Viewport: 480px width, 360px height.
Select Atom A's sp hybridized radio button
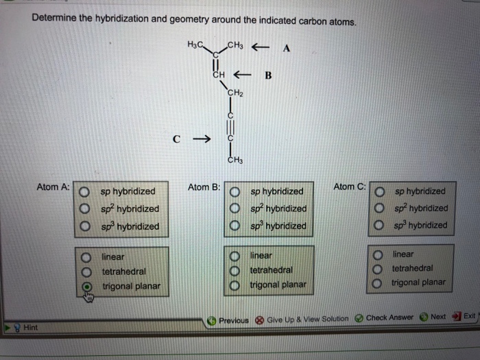click(84, 192)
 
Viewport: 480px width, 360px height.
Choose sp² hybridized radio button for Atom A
click(84, 208)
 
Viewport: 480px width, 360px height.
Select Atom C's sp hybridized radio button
click(379, 191)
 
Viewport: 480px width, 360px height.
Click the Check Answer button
click(384, 317)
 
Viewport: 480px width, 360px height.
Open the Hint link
click(29, 328)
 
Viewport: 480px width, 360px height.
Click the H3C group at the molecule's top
click(194, 45)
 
